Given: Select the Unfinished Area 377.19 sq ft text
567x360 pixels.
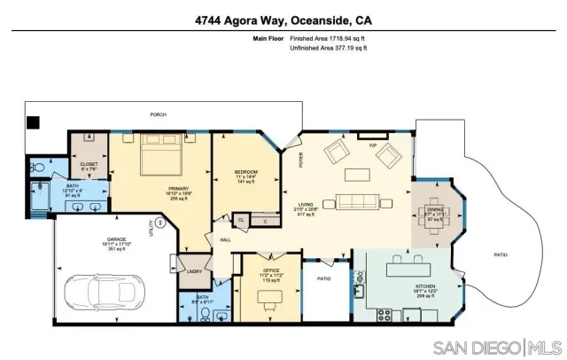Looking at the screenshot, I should pos(328,48).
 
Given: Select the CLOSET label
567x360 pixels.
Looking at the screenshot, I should pos(89,163).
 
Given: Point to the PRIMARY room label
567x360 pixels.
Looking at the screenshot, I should pos(180,189).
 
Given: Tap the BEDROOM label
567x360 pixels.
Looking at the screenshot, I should pos(245,171).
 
